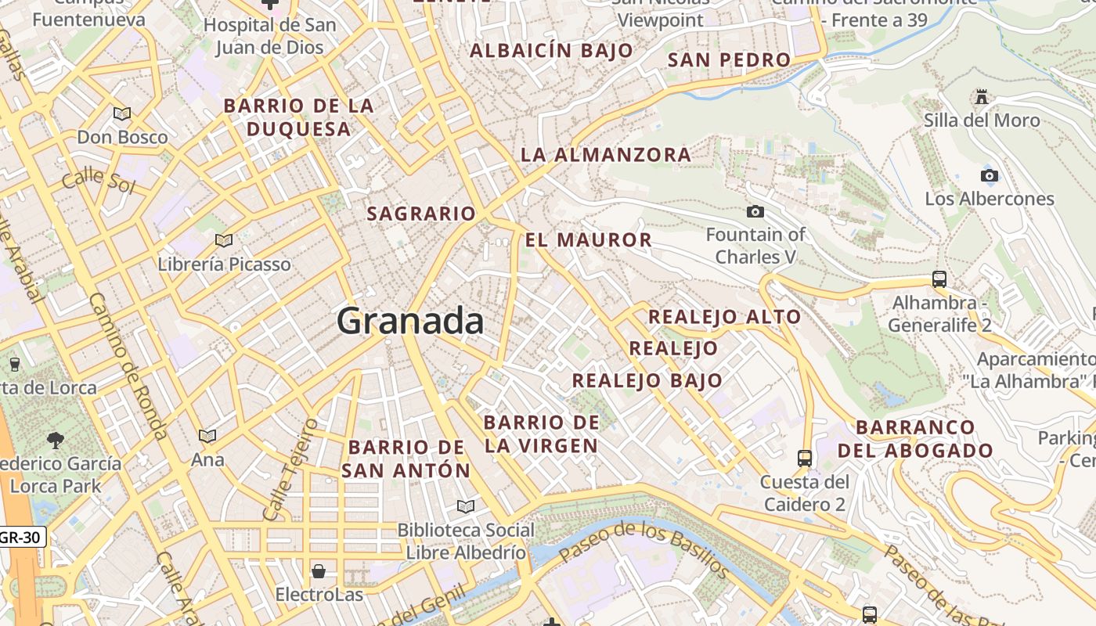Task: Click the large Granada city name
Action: tap(410, 322)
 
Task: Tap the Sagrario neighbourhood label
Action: tap(421, 214)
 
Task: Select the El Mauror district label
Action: tap(588, 240)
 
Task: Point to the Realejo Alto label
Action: tap(724, 317)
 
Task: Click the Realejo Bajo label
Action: tap(647, 381)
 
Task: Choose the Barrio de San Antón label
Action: tap(406, 459)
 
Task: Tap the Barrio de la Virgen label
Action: tap(541, 434)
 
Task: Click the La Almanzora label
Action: tap(605, 155)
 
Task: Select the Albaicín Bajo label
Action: tap(551, 51)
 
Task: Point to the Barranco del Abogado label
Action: tap(915, 439)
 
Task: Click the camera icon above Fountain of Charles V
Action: tap(755, 211)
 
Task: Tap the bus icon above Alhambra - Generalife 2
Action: tap(939, 279)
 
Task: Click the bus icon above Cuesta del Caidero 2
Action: tap(804, 458)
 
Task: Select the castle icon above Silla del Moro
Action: tap(981, 97)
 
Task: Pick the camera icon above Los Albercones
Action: tap(990, 175)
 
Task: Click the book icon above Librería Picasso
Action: tap(224, 240)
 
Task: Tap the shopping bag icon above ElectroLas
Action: tap(319, 570)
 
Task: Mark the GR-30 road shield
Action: tap(21, 538)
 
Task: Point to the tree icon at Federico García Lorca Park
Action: tap(56, 440)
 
